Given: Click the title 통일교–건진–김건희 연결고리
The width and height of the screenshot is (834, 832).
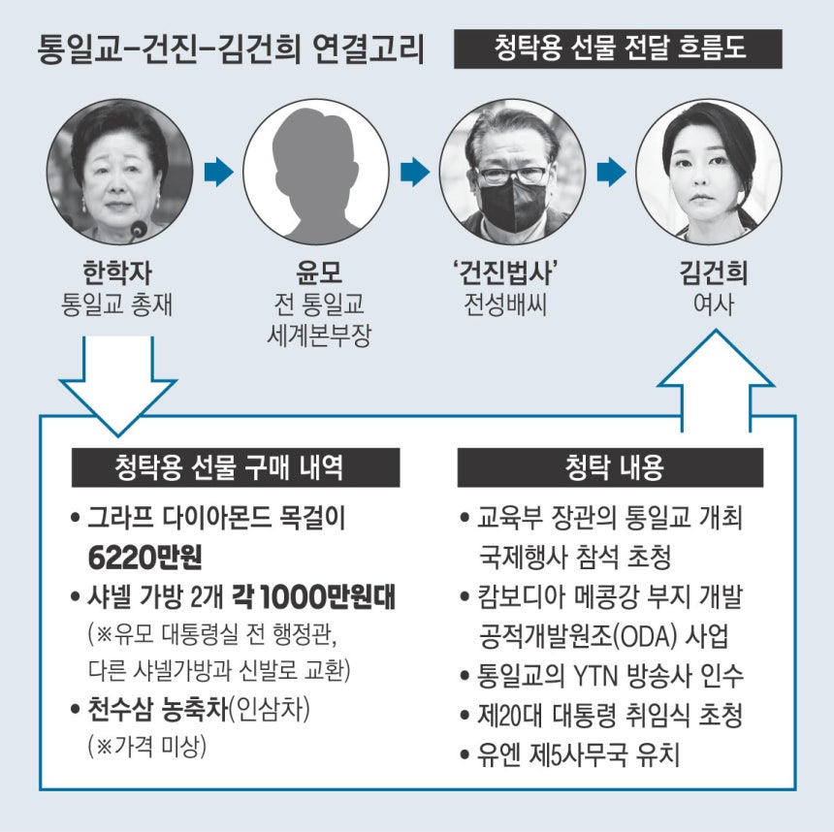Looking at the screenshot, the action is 231,49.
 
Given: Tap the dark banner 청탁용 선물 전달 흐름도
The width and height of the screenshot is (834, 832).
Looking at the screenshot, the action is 618,48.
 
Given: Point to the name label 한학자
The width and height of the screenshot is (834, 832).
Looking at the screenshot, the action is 117,272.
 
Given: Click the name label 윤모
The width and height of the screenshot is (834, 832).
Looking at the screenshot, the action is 319,272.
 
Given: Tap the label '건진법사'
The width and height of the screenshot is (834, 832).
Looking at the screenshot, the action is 504,272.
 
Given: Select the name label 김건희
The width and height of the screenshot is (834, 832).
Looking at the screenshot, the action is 713,272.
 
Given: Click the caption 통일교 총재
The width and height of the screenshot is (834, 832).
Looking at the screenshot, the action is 117,304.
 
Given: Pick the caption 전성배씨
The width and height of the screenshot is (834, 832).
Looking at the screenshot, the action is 504,304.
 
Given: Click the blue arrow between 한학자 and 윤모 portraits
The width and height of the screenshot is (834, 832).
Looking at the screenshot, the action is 218,172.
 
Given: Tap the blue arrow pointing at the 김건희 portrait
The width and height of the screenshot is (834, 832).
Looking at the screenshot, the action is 612,172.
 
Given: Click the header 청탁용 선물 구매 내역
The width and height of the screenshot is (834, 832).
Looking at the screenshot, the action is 236,467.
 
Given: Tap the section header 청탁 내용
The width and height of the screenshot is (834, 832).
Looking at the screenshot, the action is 610,467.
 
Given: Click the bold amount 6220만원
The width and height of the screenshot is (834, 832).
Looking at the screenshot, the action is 144,558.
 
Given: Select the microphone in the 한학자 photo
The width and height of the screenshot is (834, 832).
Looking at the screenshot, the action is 139,229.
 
